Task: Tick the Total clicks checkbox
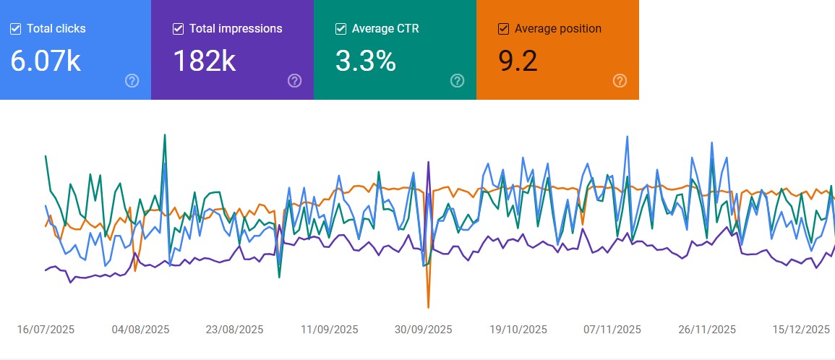click(16, 29)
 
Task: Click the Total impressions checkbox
click(179, 29)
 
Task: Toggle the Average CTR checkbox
click(341, 29)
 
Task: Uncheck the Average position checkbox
click(504, 29)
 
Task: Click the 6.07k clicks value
click(46, 61)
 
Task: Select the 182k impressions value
click(205, 61)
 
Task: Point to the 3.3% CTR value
click(366, 61)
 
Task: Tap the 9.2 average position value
click(518, 61)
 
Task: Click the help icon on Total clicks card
click(132, 80)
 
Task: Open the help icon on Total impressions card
click(294, 80)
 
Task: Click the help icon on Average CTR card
click(457, 80)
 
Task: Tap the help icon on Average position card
click(620, 80)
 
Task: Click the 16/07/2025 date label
click(46, 330)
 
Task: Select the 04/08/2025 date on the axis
click(140, 330)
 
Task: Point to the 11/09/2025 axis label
click(330, 330)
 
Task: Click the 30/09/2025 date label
click(424, 330)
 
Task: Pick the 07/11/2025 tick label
click(612, 330)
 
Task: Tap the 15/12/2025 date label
click(801, 330)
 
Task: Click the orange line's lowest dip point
click(429, 307)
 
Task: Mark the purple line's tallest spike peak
click(429, 162)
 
